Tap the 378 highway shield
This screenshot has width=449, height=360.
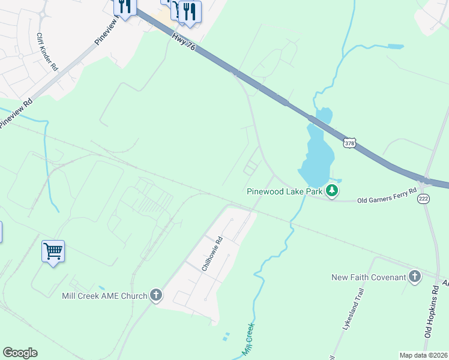(351, 143)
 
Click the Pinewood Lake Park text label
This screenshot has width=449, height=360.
(284, 192)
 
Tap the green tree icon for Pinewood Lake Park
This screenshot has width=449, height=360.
(331, 191)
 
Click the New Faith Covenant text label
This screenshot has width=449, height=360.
(367, 277)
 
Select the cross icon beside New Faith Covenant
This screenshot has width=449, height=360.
(414, 277)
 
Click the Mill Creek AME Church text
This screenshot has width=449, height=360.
(104, 295)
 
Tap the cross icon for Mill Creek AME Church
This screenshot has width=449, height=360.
(155, 295)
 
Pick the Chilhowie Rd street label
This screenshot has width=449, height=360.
(212, 254)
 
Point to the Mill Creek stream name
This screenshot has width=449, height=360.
(247, 340)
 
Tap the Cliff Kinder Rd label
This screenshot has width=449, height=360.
(46, 52)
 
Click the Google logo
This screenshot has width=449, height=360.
(20, 353)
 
